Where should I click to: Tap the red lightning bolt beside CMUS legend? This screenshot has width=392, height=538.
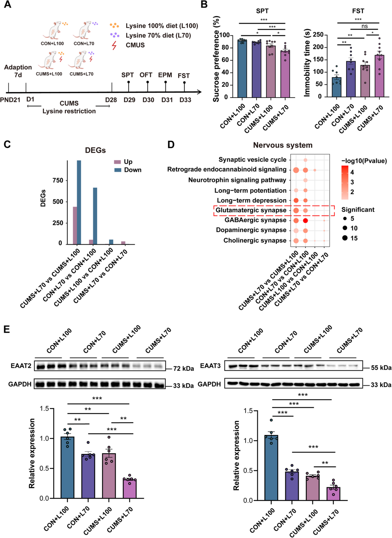[114, 45]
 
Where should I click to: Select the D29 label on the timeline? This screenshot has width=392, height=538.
[129, 100]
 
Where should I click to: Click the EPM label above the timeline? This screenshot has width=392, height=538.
[165, 75]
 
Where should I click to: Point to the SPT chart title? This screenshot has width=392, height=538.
[262, 11]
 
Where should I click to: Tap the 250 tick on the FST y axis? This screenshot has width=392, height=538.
[318, 35]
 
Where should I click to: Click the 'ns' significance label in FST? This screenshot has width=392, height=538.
[365, 27]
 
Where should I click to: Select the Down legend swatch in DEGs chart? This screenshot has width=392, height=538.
[118, 170]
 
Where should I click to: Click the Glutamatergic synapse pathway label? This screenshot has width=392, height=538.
[251, 210]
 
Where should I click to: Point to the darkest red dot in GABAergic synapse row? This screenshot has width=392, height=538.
[305, 220]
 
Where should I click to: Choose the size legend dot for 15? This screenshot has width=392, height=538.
[345, 238]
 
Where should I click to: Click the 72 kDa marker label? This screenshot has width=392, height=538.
[183, 369]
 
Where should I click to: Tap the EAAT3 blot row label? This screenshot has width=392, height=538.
[210, 366]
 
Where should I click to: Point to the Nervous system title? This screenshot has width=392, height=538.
[283, 145]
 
